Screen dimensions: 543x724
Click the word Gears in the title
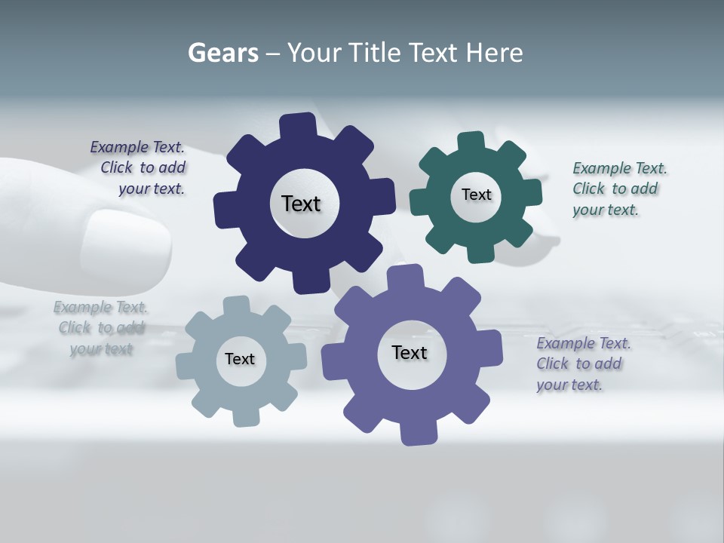pos(222,53)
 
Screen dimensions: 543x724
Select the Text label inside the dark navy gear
pos(301,204)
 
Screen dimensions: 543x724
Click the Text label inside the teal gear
pos(476,195)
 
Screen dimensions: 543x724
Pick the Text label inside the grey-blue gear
pos(240,359)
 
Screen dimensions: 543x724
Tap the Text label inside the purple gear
pos(410,352)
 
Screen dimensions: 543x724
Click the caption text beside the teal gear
pos(618,189)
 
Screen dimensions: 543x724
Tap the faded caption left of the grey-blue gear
pos(101,328)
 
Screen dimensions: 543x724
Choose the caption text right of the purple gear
pos(582,364)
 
